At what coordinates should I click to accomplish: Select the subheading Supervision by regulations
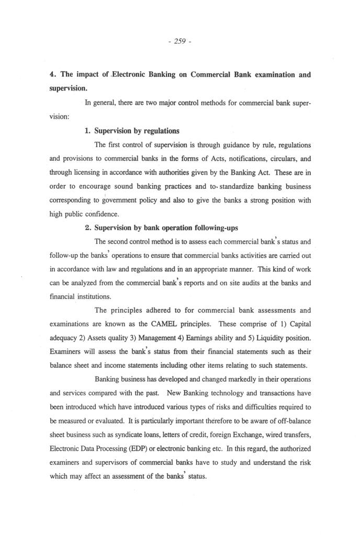coord(137,130)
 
